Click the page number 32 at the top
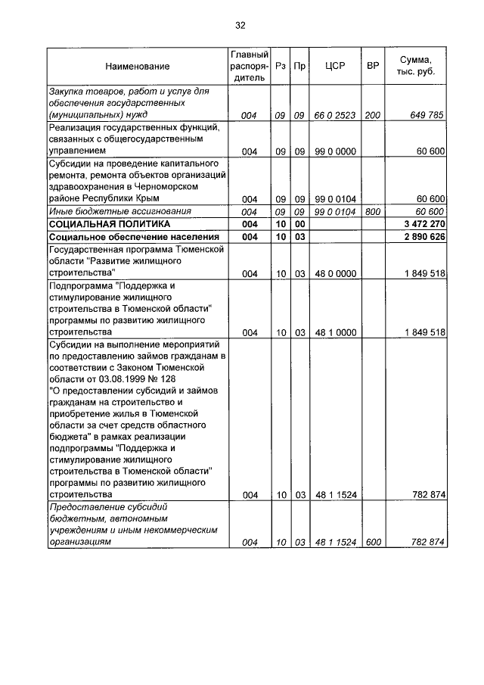coord(240,25)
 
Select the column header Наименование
coord(138,67)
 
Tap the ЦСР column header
coord(334,67)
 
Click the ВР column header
coord(372,67)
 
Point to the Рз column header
coord(280,67)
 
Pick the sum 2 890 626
coord(422,237)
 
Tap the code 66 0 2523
coord(335,116)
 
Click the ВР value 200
coord(372,116)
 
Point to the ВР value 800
coord(372,212)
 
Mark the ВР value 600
coord(372,543)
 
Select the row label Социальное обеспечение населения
coord(128,237)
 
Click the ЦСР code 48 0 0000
coord(335,273)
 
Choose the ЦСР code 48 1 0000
coord(335,332)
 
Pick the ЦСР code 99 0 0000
coord(335,151)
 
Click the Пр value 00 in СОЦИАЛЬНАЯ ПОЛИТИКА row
coord(299,225)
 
